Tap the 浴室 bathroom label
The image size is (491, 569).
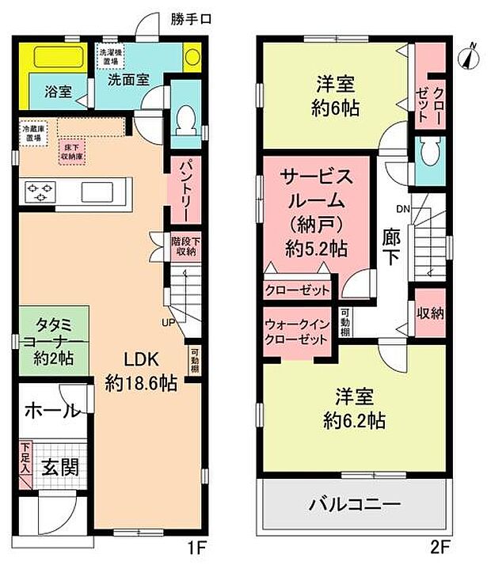click(57, 92)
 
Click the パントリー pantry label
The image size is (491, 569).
click(181, 190)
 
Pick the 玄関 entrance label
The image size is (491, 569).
click(59, 467)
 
